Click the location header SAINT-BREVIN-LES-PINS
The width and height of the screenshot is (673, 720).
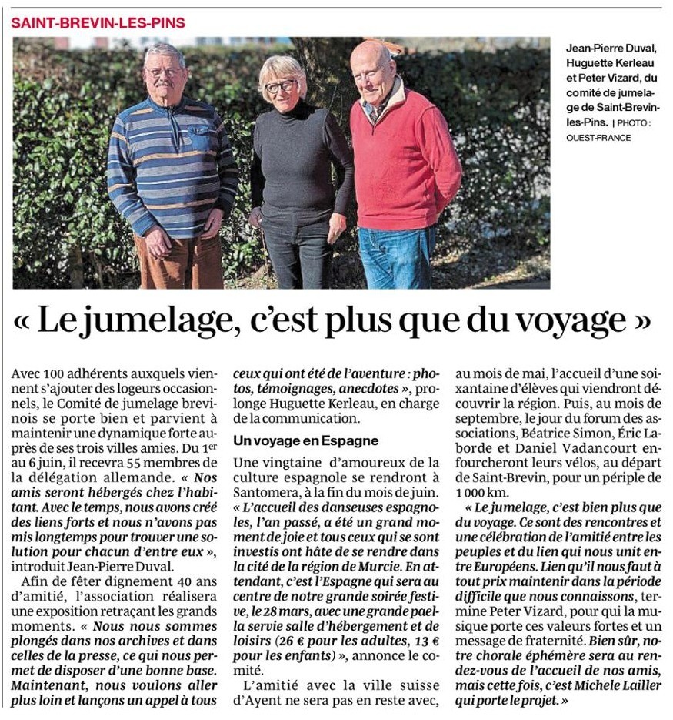[98, 22]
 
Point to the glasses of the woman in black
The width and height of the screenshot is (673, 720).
[281, 86]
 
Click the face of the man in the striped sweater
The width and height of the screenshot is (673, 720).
[165, 74]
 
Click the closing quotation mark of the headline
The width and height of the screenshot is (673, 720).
[640, 320]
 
